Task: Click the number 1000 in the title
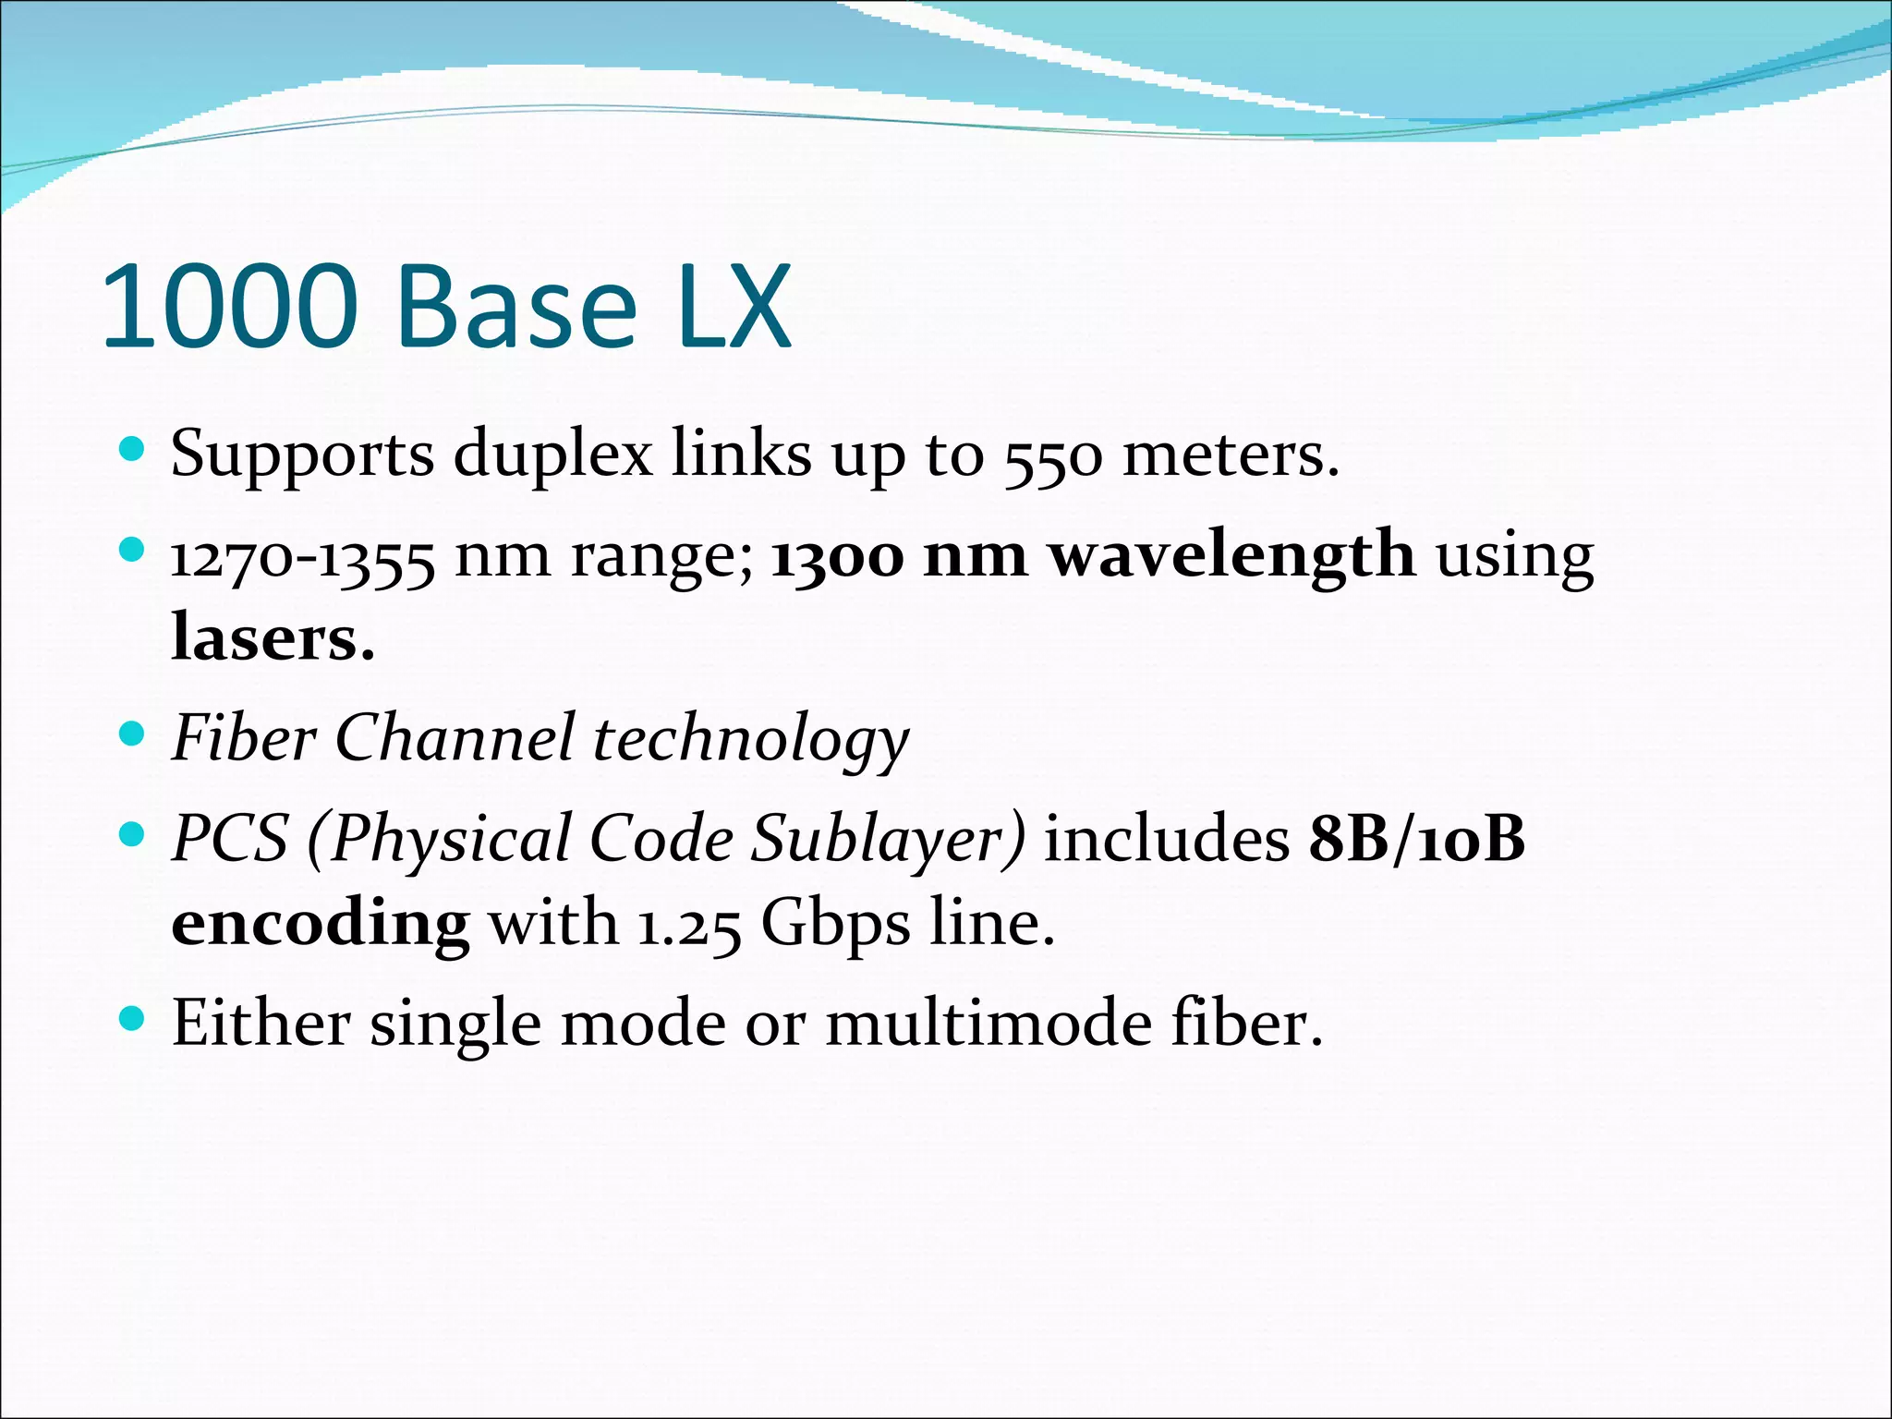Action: tap(229, 307)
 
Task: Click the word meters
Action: tap(1229, 455)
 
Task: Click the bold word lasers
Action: tap(273, 638)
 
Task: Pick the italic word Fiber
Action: tap(244, 738)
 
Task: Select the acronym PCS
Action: tap(230, 839)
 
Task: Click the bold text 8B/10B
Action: tap(1416, 839)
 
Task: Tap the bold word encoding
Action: tap(321, 924)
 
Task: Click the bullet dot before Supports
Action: tap(133, 450)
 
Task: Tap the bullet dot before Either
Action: tap(133, 1019)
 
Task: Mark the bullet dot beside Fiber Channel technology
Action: tap(133, 734)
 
